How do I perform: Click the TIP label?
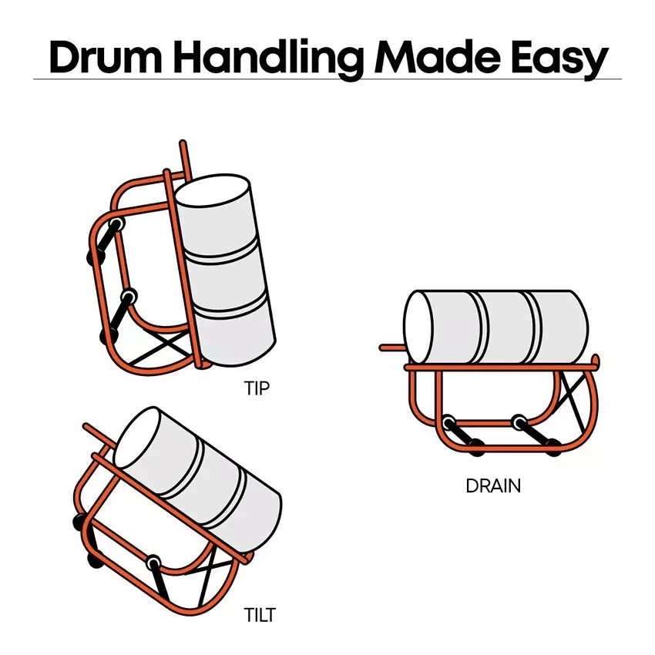tap(257, 389)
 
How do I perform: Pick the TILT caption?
tap(260, 616)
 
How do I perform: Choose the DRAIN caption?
tap(493, 486)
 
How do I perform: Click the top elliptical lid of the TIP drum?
tap(212, 191)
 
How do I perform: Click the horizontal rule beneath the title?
tap(327, 79)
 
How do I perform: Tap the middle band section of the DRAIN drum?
tap(505, 327)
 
